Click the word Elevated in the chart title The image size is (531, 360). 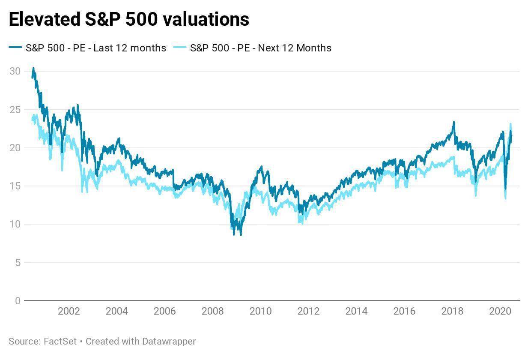(42, 19)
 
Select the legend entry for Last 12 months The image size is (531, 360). (95, 48)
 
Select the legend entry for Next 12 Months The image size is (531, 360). (260, 48)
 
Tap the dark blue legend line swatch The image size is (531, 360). (16, 48)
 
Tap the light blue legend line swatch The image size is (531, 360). (180, 48)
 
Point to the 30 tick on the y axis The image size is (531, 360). (15, 71)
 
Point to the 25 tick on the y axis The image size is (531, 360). (15, 110)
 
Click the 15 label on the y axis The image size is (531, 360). (15, 186)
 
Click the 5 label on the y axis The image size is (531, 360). (17, 263)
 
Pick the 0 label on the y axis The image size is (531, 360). (17, 301)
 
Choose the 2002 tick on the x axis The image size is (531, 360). (69, 311)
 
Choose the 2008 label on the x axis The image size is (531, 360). (212, 311)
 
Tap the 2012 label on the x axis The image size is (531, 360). (308, 311)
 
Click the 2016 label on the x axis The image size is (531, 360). (404, 311)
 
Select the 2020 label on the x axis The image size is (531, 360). (500, 311)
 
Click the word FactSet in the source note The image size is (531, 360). (60, 342)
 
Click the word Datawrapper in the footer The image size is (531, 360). (168, 342)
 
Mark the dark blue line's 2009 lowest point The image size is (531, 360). (241, 235)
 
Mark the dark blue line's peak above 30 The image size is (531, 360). (33, 68)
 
